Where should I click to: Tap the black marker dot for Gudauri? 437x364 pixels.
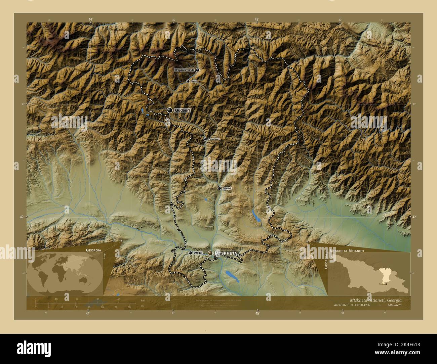[170, 110]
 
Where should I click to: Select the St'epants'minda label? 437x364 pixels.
[184, 70]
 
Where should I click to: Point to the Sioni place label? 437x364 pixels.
[194, 81]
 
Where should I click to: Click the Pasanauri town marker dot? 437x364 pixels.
[205, 139]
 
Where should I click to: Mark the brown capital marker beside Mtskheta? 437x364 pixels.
[210, 253]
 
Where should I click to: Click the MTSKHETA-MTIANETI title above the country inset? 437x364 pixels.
[348, 251]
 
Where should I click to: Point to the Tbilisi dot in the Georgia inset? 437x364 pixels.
[386, 284]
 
